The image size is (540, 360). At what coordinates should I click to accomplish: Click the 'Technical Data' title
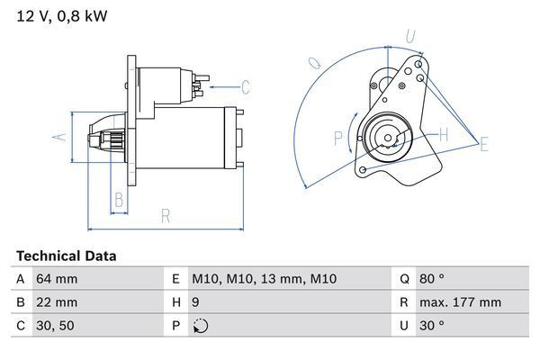click(x=66, y=256)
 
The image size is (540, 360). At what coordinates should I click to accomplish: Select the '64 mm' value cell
click(x=56, y=279)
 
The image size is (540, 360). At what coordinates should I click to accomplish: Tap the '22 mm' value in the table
click(x=56, y=302)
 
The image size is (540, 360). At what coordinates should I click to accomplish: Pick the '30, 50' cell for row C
click(x=53, y=326)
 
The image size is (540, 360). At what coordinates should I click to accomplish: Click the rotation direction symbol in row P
click(x=200, y=326)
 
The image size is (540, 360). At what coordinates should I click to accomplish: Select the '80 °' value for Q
click(x=436, y=279)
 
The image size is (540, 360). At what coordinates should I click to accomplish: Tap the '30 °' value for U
click(x=436, y=326)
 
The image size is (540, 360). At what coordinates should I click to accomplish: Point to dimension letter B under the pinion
click(x=118, y=199)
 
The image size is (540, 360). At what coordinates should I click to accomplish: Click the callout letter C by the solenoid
click(x=245, y=87)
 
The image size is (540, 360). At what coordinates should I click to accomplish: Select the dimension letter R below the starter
click(x=166, y=215)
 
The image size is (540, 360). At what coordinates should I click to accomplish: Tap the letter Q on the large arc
click(x=315, y=64)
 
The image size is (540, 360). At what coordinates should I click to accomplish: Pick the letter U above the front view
click(x=409, y=37)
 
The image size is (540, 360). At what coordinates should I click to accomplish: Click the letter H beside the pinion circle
click(x=443, y=135)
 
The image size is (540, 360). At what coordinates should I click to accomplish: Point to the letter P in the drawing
click(x=338, y=138)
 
